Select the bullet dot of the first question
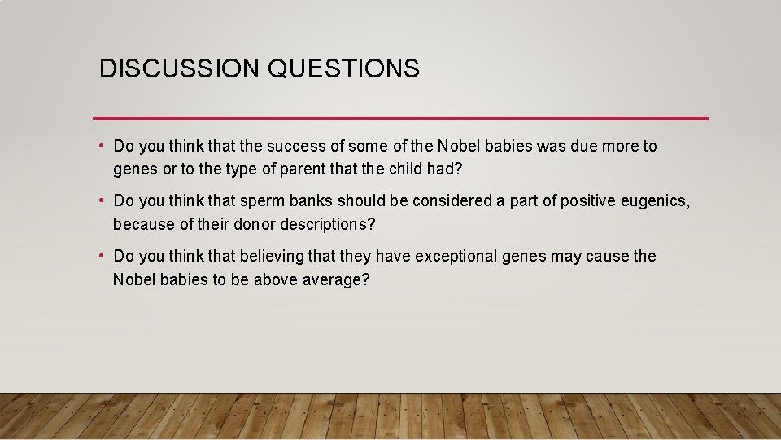coord(101,147)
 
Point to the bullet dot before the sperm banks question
coord(101,201)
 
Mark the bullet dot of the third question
coord(101,256)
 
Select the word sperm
coord(260,201)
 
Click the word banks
coord(309,201)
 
